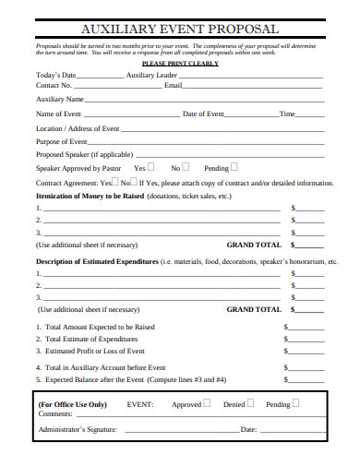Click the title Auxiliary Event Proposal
click(181, 30)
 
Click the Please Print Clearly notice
click(179, 64)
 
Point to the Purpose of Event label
click(61, 142)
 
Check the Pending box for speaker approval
click(234, 168)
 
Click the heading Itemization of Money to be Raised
click(90, 197)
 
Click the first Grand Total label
click(254, 246)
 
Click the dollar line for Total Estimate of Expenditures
click(306, 340)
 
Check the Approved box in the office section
click(207, 403)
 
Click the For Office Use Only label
click(73, 404)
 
